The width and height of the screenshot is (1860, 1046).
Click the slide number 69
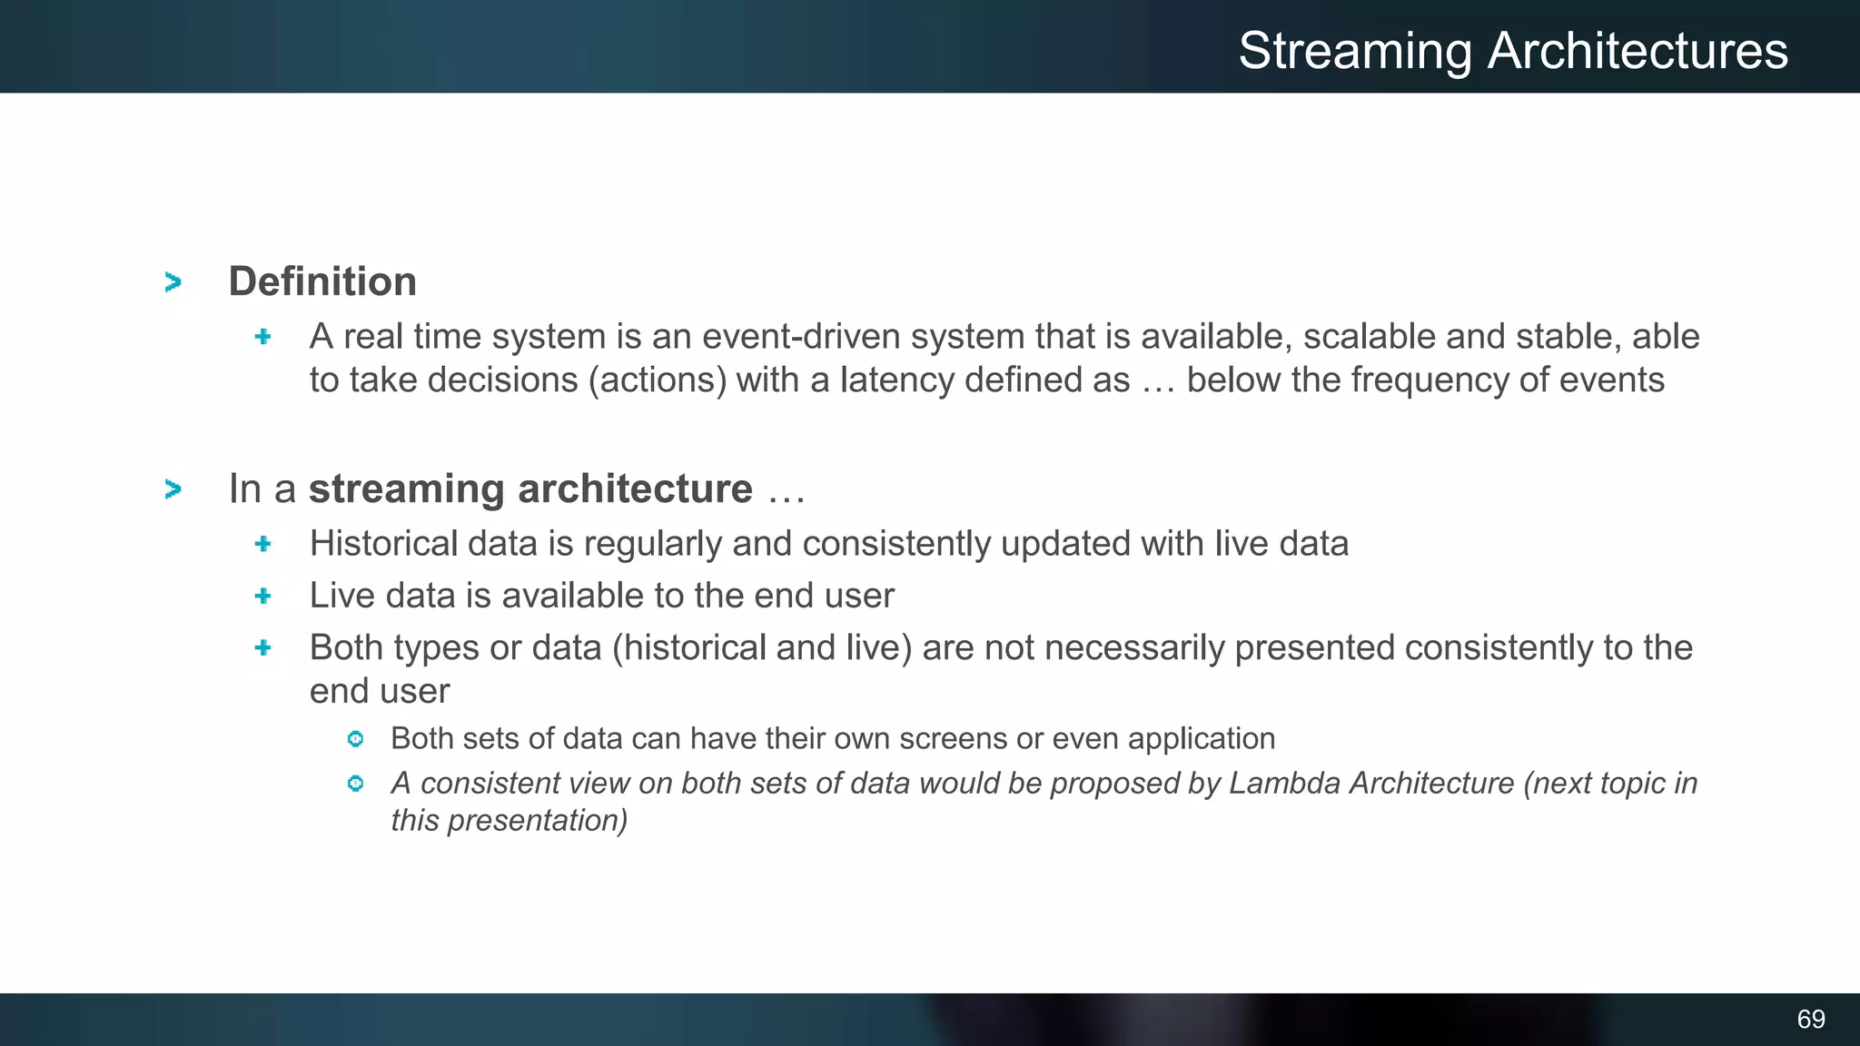[x=1810, y=1019]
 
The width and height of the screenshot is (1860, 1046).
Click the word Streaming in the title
[x=1355, y=52]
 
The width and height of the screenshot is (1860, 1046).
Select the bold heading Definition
[x=322, y=281]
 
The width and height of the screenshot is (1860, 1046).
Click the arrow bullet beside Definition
[x=173, y=282]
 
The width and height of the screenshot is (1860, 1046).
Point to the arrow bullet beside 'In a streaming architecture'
[x=173, y=489]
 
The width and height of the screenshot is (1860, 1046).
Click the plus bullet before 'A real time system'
[x=263, y=337]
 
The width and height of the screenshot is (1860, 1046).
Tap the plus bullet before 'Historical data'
[x=263, y=544]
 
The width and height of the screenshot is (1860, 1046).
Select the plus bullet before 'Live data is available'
[x=263, y=596]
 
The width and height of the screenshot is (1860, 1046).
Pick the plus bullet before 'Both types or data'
[x=263, y=647]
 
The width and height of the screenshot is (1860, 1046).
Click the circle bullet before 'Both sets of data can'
[x=355, y=739]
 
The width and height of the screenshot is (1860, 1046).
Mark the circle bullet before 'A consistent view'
[x=355, y=783]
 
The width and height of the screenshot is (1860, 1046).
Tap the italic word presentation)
[x=537, y=821]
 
